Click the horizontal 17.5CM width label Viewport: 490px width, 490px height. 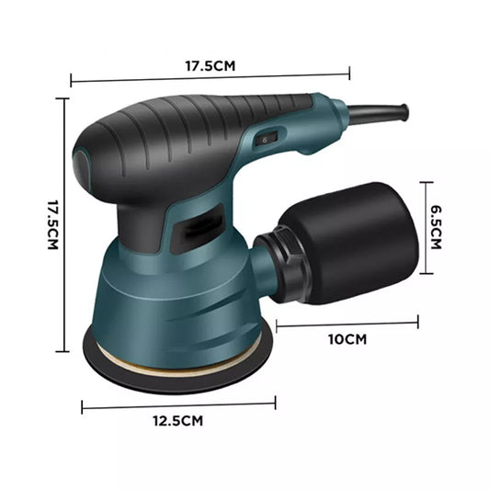click(x=211, y=66)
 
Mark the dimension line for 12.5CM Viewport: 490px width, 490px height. click(x=178, y=404)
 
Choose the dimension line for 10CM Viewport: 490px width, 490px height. click(x=347, y=324)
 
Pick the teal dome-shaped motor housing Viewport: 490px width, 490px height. click(x=175, y=294)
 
